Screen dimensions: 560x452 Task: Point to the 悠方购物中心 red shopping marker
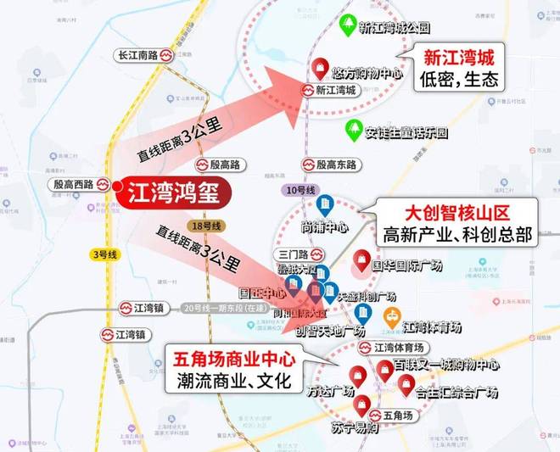click(322, 66)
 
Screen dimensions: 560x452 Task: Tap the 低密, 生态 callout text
click(457, 79)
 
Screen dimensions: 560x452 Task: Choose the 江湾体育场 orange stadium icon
click(391, 316)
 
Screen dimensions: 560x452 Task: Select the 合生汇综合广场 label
click(456, 393)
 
